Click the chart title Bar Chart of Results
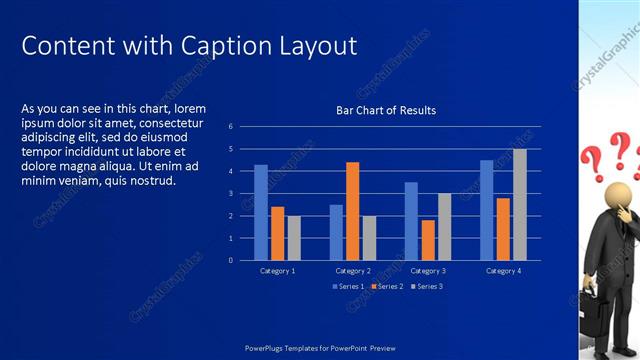coord(386,110)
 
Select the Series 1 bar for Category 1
coord(261,212)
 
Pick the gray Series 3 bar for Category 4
coord(520,204)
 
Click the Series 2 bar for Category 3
coord(428,240)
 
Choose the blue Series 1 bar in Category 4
coord(487,210)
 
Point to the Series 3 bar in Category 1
coord(294,238)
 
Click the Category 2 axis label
coord(352,271)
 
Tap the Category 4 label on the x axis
coord(503,271)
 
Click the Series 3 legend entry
coord(426,287)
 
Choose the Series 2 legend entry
coord(388,287)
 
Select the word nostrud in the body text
coord(153,181)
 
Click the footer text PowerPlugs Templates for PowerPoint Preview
coord(320,347)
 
